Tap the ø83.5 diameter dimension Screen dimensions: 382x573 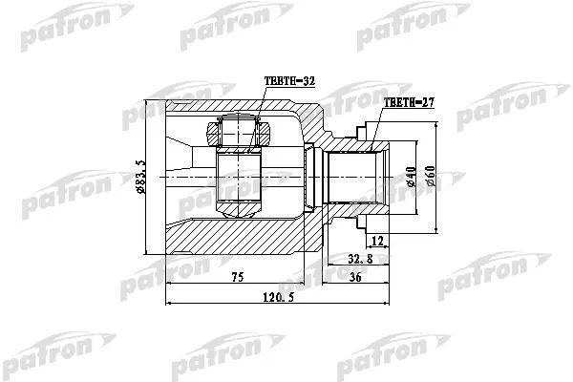140,178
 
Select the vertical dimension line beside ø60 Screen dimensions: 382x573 438,178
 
